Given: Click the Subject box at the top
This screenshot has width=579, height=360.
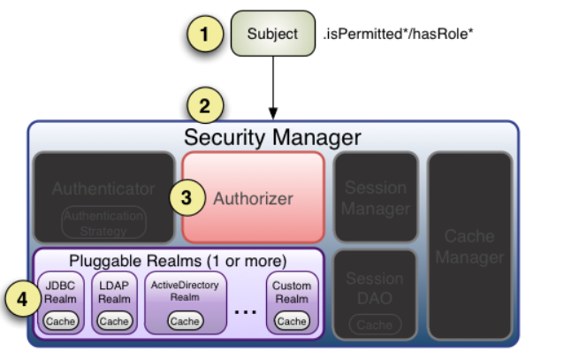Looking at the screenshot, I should click(272, 34).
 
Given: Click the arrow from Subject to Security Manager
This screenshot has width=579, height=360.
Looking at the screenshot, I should click(273, 88).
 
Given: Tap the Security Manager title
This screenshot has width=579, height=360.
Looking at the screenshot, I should click(272, 137).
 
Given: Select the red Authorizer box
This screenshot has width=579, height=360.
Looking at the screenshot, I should click(253, 197).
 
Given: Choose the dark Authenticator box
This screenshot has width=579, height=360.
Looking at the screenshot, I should click(103, 196).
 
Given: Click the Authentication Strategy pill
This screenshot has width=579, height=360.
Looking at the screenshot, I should click(103, 222).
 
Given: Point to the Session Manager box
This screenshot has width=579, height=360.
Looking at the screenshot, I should click(375, 197).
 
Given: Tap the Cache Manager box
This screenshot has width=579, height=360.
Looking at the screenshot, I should click(470, 246).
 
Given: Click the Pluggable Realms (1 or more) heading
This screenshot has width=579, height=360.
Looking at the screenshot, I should click(179, 262).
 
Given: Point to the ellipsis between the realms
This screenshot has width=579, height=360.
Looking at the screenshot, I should click(247, 311).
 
